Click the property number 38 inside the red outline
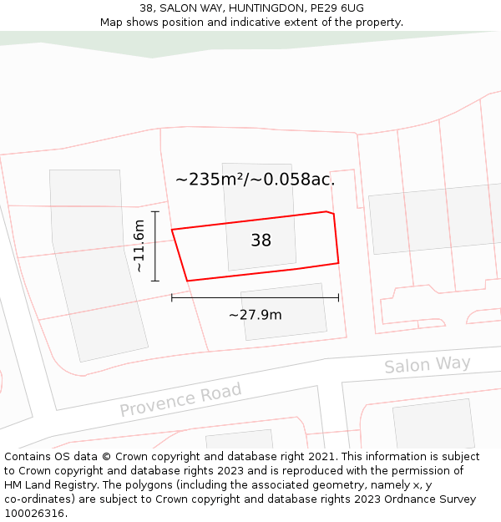261,241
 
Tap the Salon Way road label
427,365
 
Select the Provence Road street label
180,399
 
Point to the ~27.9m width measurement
255,315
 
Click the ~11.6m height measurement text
139,246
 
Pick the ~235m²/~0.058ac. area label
255,180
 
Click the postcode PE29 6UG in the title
337,8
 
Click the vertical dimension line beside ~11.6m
155,246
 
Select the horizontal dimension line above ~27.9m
255,296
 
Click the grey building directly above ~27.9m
284,311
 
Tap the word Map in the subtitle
112,23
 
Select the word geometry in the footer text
338,485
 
